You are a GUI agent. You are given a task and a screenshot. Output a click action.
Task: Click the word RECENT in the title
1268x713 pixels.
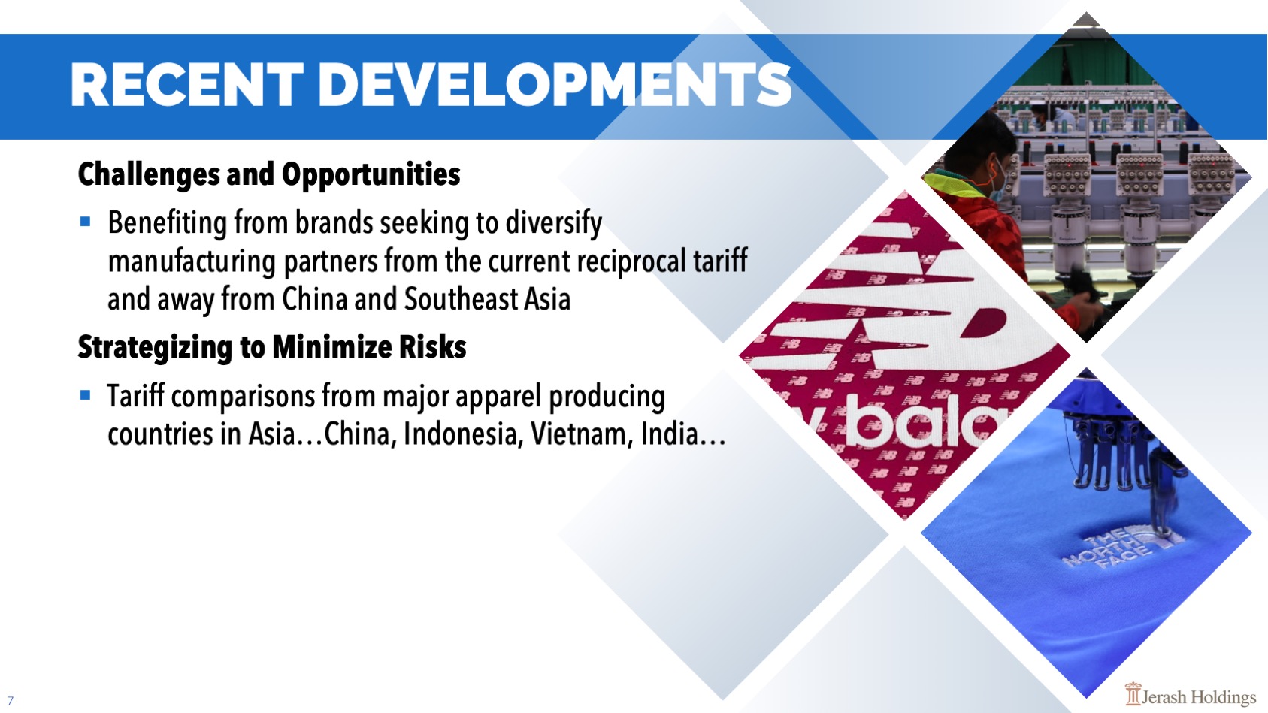[x=187, y=85]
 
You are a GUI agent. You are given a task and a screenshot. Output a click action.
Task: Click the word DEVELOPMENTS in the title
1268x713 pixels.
[x=555, y=85]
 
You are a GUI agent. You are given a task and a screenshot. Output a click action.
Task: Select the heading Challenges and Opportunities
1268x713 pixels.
[x=269, y=174]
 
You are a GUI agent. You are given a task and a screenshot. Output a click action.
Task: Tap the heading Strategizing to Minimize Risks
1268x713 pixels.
[x=272, y=347]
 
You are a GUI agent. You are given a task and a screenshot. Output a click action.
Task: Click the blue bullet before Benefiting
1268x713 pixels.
[x=86, y=221]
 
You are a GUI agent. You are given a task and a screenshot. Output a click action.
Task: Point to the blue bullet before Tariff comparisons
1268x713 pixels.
[x=86, y=394]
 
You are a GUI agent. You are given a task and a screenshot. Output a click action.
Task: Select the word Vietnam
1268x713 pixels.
[x=581, y=434]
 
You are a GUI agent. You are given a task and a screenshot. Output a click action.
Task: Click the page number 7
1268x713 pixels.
[x=11, y=701]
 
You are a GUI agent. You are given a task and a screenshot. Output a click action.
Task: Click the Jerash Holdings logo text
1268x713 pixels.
[x=1198, y=697]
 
